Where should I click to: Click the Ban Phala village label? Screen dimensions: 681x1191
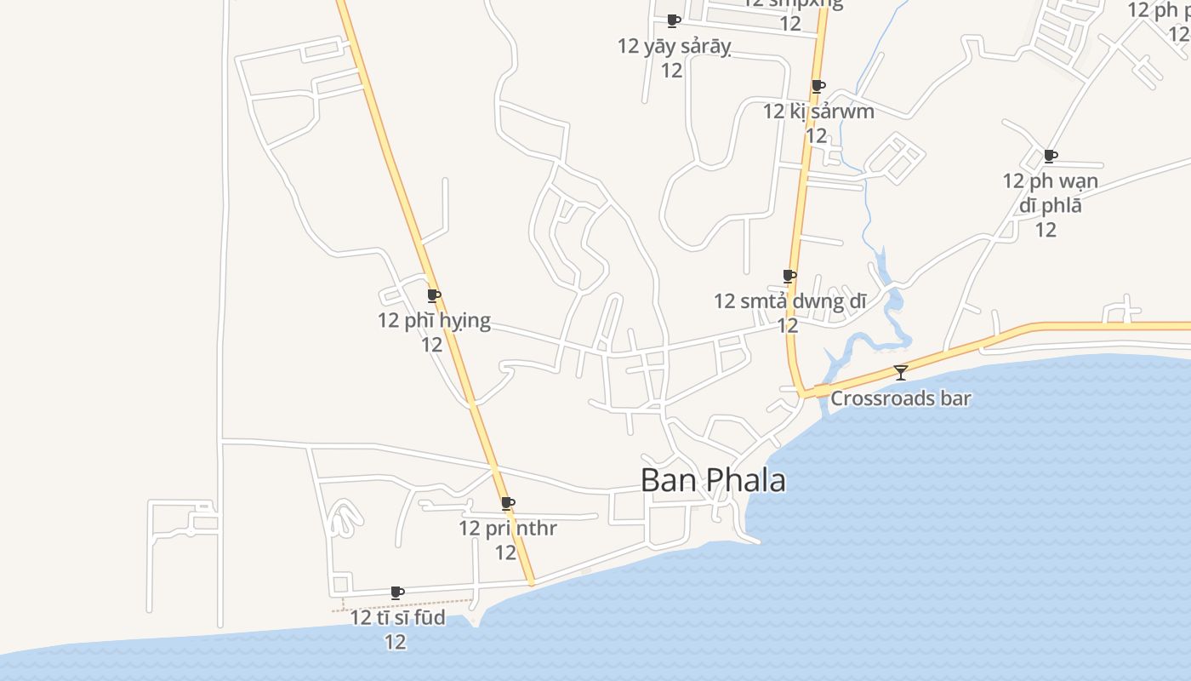tap(713, 480)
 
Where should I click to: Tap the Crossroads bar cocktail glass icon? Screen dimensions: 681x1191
tap(900, 372)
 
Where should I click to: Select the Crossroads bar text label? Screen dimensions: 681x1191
tap(900, 398)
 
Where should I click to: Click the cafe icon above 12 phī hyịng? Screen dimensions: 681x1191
tap(433, 295)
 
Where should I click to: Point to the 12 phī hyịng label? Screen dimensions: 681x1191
tap(434, 321)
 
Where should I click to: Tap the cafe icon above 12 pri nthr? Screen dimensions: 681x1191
tap(508, 503)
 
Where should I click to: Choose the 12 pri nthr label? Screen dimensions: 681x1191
tap(508, 528)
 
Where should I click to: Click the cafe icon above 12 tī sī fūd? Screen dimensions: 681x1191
tap(396, 592)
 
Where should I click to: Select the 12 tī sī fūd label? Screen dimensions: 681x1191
tap(397, 617)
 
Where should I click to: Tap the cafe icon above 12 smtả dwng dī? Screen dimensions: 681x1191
tap(789, 276)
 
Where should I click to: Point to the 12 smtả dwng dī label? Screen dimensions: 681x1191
tap(789, 300)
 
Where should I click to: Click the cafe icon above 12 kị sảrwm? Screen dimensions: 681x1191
tap(818, 86)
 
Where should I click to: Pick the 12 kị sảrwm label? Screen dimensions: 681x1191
tap(818, 112)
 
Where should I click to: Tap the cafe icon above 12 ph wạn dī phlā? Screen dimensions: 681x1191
tap(1051, 156)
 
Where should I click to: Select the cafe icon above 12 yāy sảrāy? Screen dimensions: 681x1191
tap(674, 20)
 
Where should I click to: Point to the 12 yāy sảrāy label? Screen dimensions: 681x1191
tap(674, 46)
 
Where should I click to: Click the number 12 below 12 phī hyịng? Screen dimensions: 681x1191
tap(432, 345)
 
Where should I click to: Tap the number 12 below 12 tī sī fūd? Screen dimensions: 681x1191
tap(396, 642)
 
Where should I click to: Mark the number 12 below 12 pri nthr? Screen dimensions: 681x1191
tap(506, 552)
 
